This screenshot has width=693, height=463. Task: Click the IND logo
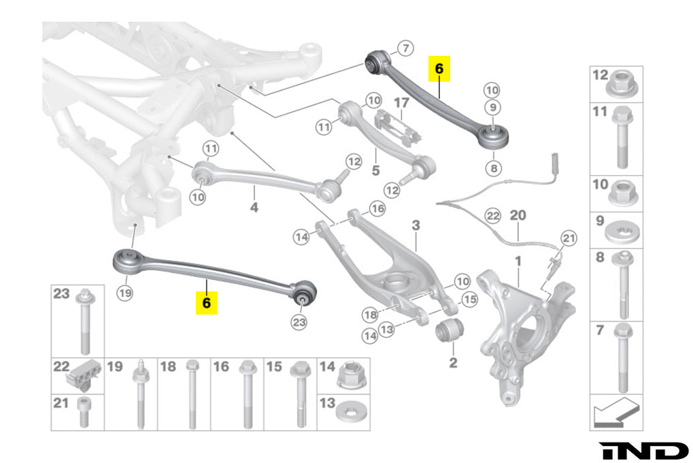tap(643, 450)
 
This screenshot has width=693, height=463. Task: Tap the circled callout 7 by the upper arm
tap(405, 48)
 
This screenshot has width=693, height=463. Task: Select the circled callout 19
tap(124, 293)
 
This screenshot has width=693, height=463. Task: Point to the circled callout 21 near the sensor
tap(569, 237)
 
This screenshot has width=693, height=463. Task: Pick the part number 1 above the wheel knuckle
tap(518, 261)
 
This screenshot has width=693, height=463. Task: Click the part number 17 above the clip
tap(401, 103)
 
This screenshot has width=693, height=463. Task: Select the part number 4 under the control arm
tap(254, 207)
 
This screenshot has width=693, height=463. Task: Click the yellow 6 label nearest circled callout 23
tap(207, 301)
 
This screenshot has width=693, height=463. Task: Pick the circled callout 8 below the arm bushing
tap(492, 167)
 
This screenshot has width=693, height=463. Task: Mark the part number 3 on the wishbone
tap(416, 225)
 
